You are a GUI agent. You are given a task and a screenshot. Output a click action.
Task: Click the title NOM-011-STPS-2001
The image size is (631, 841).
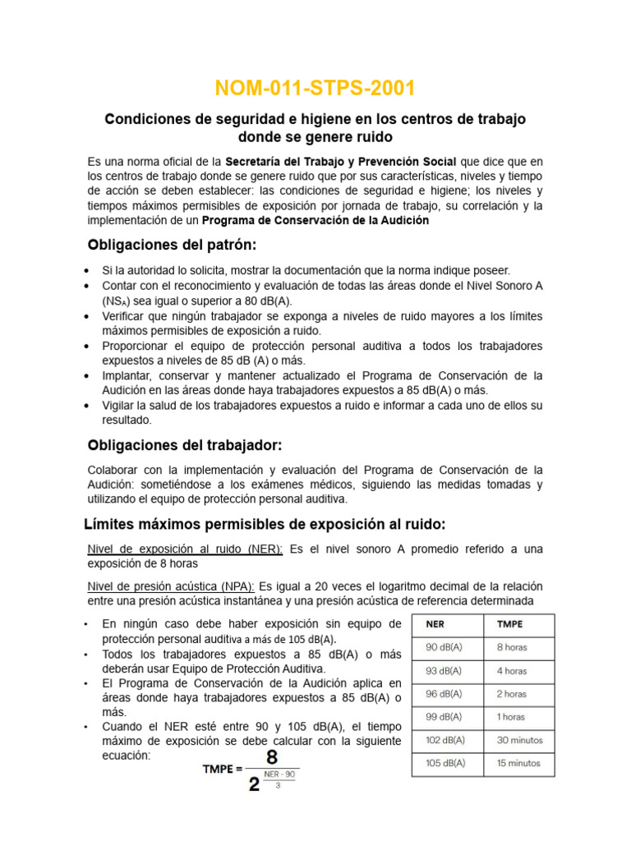click(x=315, y=88)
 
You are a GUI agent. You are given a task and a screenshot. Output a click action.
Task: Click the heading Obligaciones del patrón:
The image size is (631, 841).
click(x=172, y=245)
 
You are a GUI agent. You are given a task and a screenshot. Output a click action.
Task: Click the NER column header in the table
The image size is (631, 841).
click(x=435, y=624)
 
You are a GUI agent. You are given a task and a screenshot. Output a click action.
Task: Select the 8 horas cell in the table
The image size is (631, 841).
click(x=512, y=647)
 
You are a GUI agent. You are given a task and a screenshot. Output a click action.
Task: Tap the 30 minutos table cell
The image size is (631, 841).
click(x=519, y=740)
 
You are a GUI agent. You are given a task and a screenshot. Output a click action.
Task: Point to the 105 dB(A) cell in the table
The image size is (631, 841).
click(x=445, y=763)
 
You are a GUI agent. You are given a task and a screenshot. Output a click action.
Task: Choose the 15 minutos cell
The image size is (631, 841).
click(x=518, y=763)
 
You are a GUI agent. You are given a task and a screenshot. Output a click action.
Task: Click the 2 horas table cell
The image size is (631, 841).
click(x=512, y=694)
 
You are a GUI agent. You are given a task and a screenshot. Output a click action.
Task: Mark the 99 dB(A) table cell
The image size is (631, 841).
click(x=443, y=717)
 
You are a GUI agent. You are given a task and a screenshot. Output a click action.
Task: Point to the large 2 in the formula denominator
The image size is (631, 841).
click(x=255, y=784)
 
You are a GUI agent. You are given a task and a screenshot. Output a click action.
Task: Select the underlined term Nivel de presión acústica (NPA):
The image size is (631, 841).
click(x=171, y=586)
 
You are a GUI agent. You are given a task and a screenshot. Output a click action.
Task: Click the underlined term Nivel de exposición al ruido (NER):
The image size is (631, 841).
click(x=185, y=549)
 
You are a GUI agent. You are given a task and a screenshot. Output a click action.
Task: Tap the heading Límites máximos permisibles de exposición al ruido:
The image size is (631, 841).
click(x=265, y=524)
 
